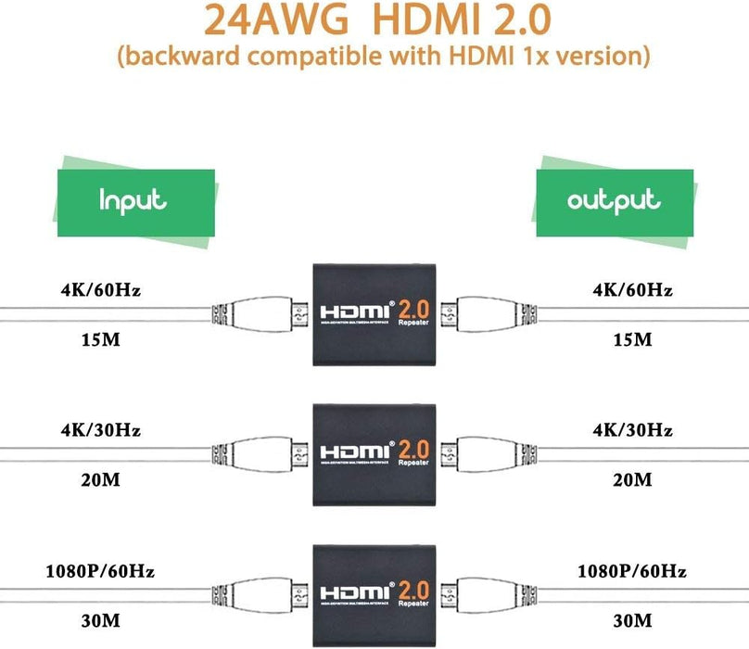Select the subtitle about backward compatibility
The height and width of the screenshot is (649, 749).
click(x=374, y=56)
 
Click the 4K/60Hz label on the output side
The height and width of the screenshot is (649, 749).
click(x=633, y=290)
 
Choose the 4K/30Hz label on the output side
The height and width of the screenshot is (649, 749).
click(x=633, y=429)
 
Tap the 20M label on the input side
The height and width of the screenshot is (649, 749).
click(x=101, y=479)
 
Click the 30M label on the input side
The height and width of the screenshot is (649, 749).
click(x=101, y=620)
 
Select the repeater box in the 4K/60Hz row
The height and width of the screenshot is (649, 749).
click(x=374, y=315)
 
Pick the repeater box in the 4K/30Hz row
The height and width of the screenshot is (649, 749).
click(x=374, y=452)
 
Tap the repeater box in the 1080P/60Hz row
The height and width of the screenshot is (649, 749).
click(x=374, y=591)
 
